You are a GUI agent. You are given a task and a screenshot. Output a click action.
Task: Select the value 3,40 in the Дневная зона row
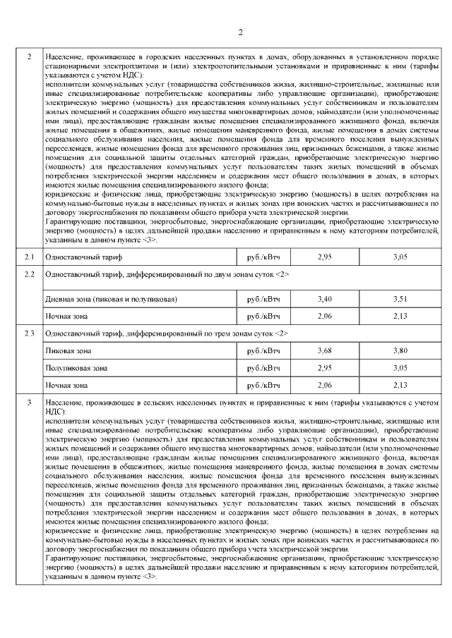pos(325,300)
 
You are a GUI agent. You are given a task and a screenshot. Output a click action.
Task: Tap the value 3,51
pos(400,300)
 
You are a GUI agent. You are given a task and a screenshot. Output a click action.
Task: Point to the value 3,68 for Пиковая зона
pos(325,350)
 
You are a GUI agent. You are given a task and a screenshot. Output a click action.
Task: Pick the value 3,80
pos(400,350)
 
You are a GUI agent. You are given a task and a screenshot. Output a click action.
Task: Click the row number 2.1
pos(30,258)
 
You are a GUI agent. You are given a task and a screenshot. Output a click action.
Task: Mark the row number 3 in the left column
pos(30,403)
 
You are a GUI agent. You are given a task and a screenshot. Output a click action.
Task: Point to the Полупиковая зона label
pos(76,368)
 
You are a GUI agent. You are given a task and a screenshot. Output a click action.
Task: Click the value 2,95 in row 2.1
pos(325,258)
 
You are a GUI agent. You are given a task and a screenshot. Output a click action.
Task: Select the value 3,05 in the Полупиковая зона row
pos(400,368)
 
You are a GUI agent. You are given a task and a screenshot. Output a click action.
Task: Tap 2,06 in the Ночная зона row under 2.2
pos(325,317)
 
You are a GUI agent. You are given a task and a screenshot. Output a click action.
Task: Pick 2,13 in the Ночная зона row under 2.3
pos(400,385)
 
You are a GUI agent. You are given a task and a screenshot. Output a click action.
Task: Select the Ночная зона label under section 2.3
pos(66,385)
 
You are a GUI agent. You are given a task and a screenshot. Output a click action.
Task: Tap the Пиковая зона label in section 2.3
pos(68,350)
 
